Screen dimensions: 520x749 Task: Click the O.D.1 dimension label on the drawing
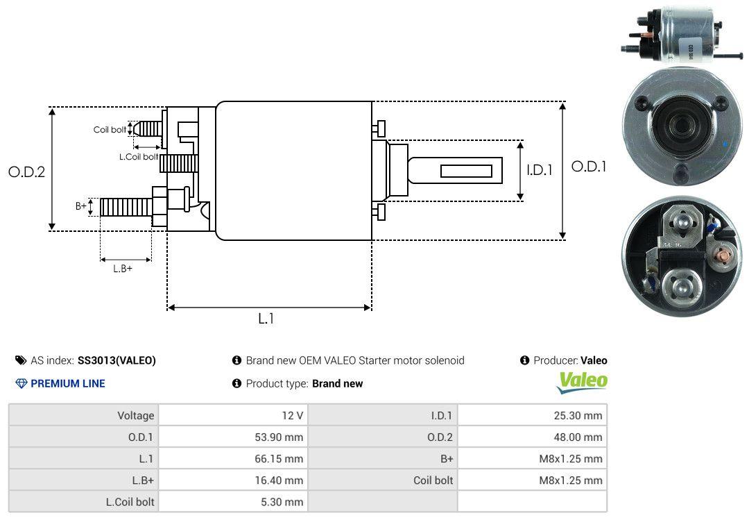(589, 167)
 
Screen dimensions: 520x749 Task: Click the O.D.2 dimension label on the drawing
(26, 171)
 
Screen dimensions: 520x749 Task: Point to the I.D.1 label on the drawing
(539, 169)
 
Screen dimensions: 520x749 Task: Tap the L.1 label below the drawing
(267, 319)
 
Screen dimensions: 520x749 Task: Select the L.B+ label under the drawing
(123, 269)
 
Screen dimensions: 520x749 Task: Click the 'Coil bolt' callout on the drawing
(110, 130)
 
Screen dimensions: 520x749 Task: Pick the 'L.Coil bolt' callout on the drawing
(138, 157)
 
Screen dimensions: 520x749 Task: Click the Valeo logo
(583, 381)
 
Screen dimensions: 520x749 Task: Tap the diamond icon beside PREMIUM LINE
(21, 383)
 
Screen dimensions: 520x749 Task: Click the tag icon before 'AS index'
(21, 360)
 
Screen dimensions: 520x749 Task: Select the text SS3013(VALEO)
(117, 360)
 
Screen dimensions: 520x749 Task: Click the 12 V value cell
(233, 415)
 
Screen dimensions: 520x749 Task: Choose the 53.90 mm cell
(233, 437)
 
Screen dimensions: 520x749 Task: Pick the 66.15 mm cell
(233, 458)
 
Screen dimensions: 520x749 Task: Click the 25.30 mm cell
(532, 415)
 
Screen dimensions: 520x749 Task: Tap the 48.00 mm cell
(532, 437)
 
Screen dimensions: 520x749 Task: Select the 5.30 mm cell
(233, 501)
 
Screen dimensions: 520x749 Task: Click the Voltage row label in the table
(84, 415)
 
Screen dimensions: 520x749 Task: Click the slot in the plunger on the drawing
(466, 171)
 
